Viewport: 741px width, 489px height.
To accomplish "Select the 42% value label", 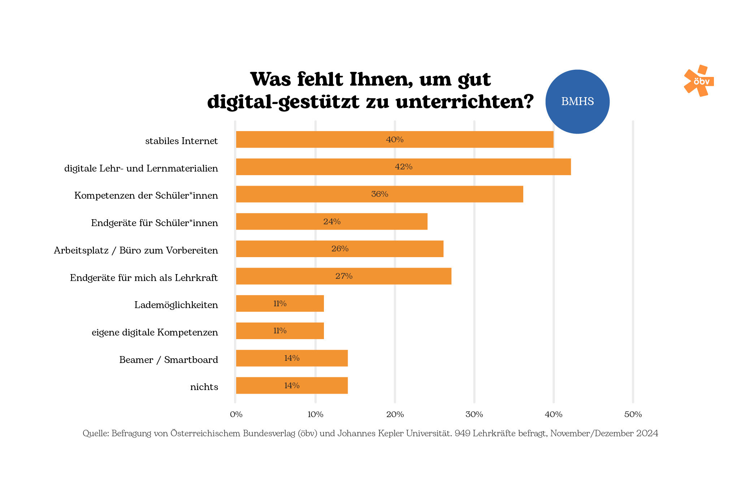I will tap(403, 167).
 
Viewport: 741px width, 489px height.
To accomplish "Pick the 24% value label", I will tap(332, 222).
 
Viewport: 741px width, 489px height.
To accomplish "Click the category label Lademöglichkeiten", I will tap(176, 305).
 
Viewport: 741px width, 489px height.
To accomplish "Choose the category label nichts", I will tap(204, 387).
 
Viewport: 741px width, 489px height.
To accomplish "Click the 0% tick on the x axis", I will tap(236, 415).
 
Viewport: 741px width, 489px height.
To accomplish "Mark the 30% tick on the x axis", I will tap(474, 415).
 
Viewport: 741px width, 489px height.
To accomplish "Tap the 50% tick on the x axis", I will tap(633, 415).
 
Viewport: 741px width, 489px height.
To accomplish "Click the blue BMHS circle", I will tap(577, 101).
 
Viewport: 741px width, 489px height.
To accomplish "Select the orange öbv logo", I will tap(699, 81).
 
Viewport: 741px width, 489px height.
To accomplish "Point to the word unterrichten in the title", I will tap(464, 102).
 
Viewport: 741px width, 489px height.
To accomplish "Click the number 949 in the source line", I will tap(462, 433).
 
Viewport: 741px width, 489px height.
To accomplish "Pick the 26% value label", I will tap(340, 249).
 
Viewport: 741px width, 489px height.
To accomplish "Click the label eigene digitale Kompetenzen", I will tap(155, 333).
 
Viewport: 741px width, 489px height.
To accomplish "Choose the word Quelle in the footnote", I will tap(95, 433).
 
